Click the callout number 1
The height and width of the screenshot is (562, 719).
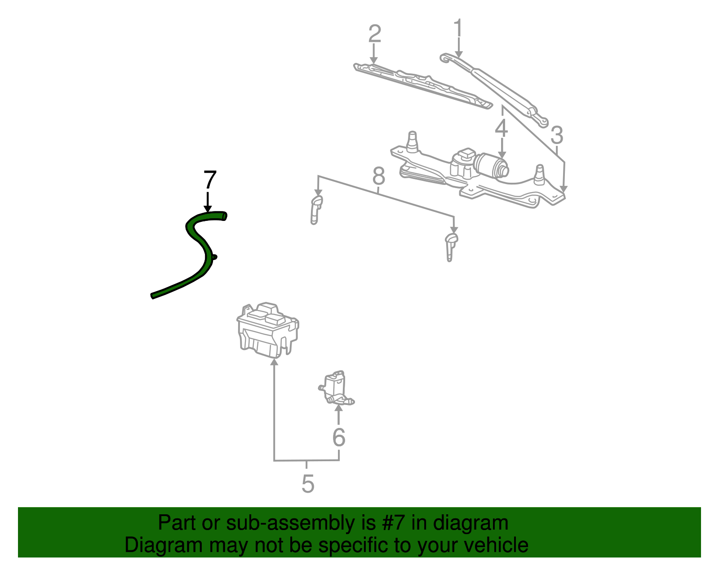tap(458, 28)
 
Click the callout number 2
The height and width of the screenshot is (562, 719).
tap(374, 34)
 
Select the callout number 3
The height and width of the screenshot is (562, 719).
tap(556, 135)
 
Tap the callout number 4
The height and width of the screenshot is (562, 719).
tap(502, 128)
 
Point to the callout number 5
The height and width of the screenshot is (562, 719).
tap(307, 484)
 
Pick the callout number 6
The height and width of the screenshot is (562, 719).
tap(338, 437)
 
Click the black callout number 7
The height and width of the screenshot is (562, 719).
tap(210, 180)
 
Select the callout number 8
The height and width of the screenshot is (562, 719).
tap(379, 176)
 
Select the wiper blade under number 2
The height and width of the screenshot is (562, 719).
tap(422, 85)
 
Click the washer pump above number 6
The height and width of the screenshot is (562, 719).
tap(335, 387)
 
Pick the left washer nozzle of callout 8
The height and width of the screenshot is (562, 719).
tap(316, 208)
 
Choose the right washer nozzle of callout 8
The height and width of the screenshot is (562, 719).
tap(451, 245)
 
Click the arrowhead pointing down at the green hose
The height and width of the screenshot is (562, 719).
tap(208, 208)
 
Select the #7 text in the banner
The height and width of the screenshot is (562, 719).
tap(394, 523)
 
